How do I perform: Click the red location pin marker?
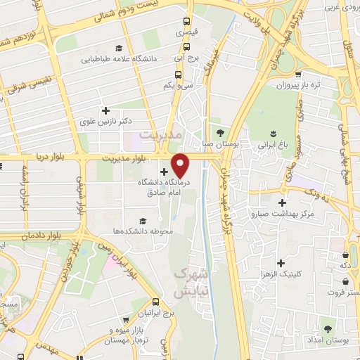click(x=181, y=165)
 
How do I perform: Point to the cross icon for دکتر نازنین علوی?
click(x=105, y=110)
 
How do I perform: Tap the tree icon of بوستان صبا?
click(x=220, y=132)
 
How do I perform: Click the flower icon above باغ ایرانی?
click(x=273, y=133)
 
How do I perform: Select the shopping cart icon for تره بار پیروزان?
click(x=298, y=74)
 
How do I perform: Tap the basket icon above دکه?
click(x=345, y=255)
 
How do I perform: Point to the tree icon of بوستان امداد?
click(x=327, y=328)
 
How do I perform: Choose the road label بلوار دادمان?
click(x=45, y=236)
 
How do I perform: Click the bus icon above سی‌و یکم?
click(x=179, y=73)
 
